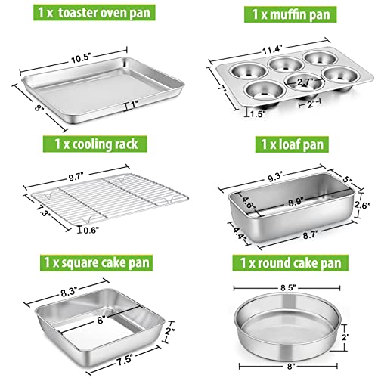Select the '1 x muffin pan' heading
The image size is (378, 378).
click(x=283, y=16)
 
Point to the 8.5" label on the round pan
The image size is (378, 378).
click(x=284, y=288)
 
